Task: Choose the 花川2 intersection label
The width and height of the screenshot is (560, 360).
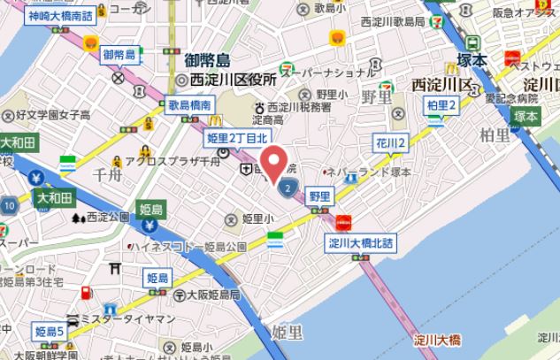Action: coord(389,143)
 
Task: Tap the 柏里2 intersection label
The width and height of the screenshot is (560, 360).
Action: coord(441,106)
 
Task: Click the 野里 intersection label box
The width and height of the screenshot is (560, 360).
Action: coord(319,196)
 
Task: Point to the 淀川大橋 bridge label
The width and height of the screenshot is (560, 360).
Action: coord(437,340)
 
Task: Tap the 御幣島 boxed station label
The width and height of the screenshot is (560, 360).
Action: coord(118,55)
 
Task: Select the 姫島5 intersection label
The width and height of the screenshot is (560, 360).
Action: coord(50,332)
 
